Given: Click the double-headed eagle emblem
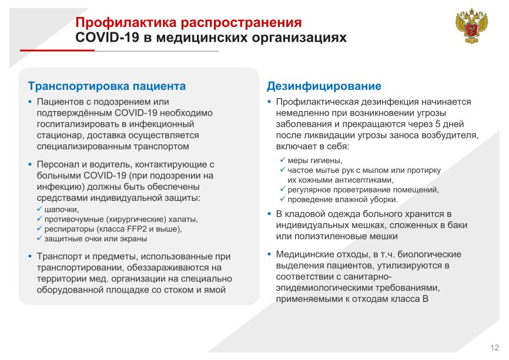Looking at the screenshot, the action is (471, 26).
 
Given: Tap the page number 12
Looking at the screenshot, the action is (494, 348).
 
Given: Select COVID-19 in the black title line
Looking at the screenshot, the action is (107, 38).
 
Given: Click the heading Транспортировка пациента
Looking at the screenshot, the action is (107, 86).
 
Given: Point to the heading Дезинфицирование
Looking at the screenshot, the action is (324, 86).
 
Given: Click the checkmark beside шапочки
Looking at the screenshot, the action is (39, 209).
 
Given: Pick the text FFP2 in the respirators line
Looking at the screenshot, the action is (137, 229).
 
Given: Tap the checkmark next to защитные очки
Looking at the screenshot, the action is (39, 238).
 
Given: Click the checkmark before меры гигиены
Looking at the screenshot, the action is (283, 160).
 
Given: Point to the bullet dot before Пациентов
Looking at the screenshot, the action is (30, 102).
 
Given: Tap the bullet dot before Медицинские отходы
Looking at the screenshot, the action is (269, 254).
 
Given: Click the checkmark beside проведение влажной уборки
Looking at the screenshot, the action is (283, 199).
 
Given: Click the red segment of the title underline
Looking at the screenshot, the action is (57, 51).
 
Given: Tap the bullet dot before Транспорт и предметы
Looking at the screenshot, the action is (30, 257).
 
